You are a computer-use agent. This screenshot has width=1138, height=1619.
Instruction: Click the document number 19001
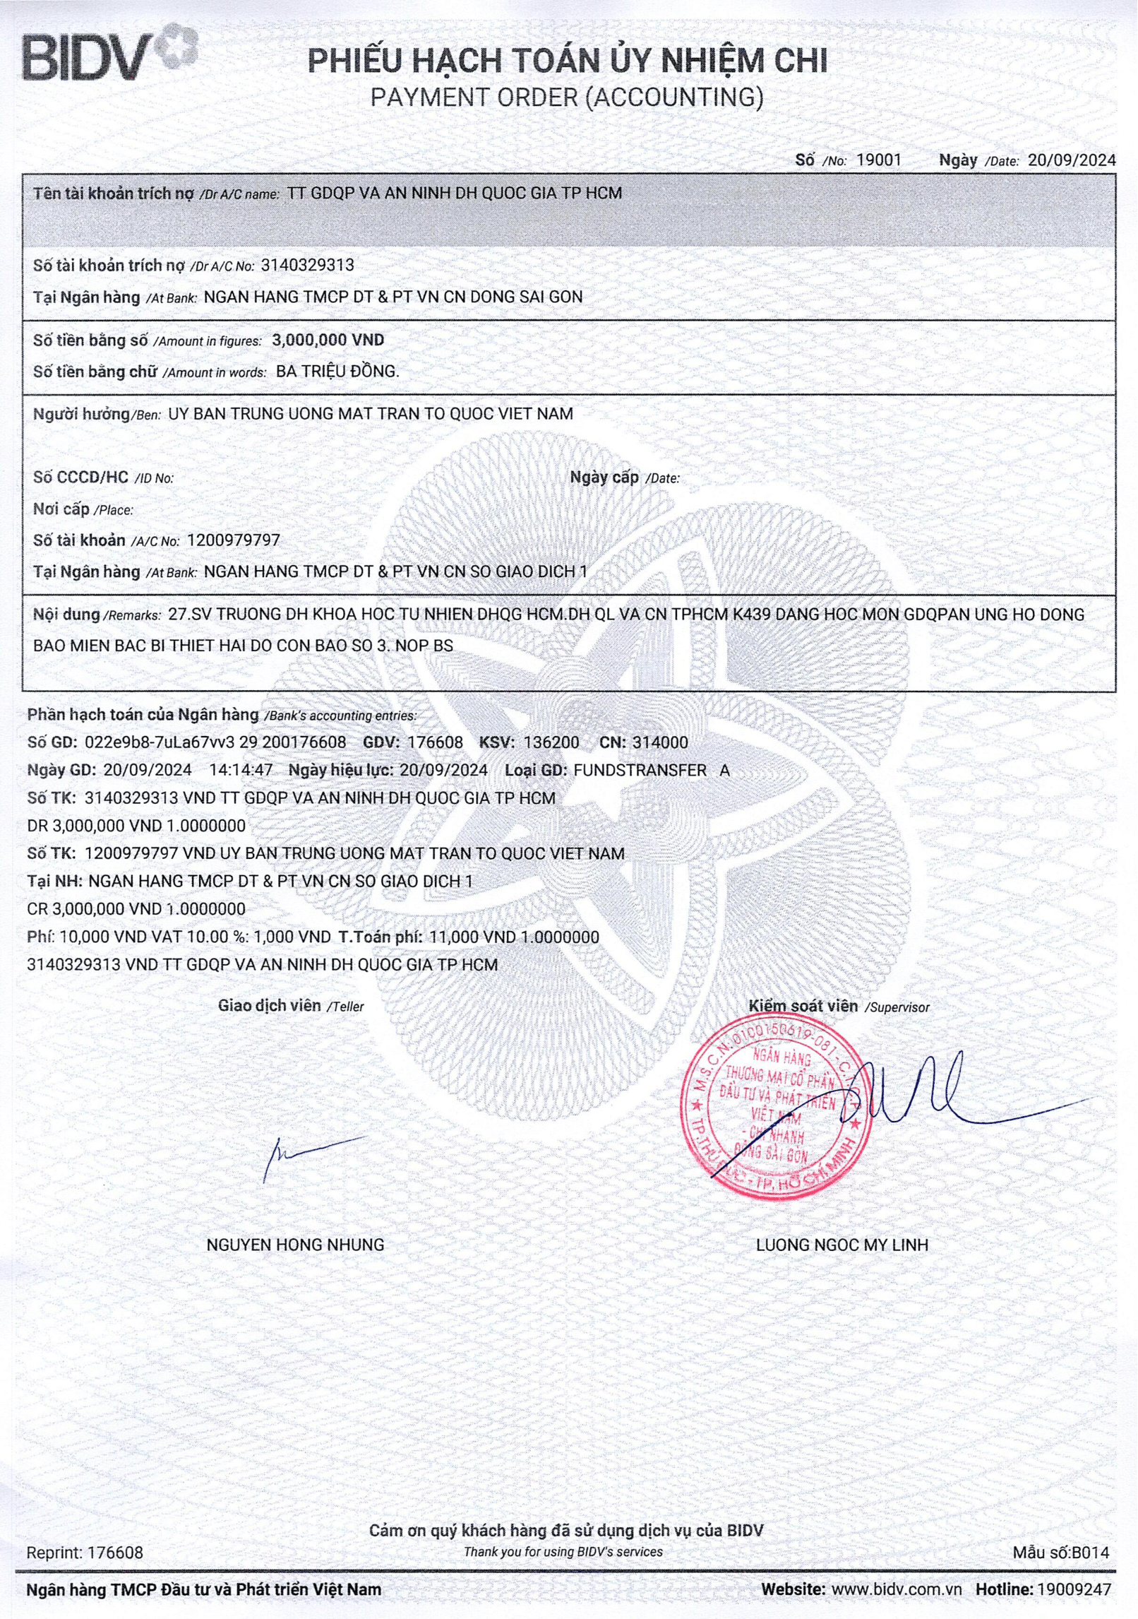[878, 160]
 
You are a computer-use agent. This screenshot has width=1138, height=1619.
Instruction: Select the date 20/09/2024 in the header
[1071, 160]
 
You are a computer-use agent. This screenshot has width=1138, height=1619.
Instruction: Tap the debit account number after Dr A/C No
[307, 266]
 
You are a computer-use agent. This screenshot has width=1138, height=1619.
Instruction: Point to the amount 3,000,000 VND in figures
[328, 340]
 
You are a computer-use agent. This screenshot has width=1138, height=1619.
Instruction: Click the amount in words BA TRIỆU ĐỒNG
[337, 372]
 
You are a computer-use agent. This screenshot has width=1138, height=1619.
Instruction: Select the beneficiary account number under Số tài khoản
[233, 540]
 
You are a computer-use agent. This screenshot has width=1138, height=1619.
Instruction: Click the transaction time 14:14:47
[241, 770]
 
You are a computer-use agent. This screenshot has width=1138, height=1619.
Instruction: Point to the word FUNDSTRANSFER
[640, 770]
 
